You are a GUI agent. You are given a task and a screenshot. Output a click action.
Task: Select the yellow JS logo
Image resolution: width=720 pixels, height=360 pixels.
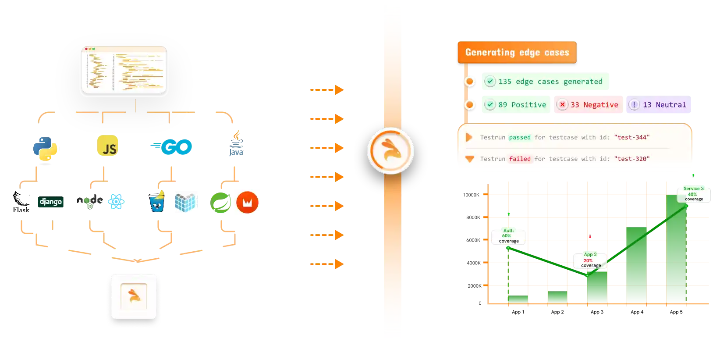[x=107, y=146]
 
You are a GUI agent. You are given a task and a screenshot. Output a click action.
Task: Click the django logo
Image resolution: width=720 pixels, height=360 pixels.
[x=51, y=202]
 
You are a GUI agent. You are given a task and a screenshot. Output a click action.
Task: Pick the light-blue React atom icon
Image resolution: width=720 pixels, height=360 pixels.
[x=117, y=202]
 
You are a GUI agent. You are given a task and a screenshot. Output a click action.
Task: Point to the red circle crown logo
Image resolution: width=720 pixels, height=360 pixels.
[x=247, y=203]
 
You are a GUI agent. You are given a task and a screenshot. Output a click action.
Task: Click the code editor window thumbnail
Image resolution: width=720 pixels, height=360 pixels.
[x=124, y=70]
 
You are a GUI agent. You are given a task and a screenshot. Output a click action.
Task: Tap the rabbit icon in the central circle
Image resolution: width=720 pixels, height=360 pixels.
[x=390, y=151]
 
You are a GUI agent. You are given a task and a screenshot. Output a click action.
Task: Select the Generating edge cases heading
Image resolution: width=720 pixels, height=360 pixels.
[x=517, y=53]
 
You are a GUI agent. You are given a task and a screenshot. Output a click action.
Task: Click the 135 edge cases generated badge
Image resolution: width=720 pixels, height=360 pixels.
[x=545, y=81]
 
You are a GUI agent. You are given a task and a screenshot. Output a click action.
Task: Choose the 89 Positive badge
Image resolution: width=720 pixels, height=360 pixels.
[x=515, y=105]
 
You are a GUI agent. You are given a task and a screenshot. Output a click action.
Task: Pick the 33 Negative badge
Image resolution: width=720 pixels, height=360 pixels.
[x=588, y=105]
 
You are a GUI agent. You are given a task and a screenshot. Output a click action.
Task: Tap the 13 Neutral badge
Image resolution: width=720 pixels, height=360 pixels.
[x=658, y=105]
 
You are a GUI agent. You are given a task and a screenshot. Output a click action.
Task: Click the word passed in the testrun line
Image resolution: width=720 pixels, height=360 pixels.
[x=520, y=137]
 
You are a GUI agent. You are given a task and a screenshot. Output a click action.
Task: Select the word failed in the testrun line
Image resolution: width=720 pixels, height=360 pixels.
[x=520, y=159]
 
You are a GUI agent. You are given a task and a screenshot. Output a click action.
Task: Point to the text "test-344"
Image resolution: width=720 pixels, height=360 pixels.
[x=632, y=137]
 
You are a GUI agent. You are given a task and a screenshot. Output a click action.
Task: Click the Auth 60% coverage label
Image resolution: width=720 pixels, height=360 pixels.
[x=508, y=236]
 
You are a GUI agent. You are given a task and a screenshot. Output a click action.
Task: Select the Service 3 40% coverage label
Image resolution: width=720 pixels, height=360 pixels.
[x=693, y=194]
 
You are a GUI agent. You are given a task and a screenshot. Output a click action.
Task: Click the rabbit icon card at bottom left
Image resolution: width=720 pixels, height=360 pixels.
[x=134, y=296]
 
